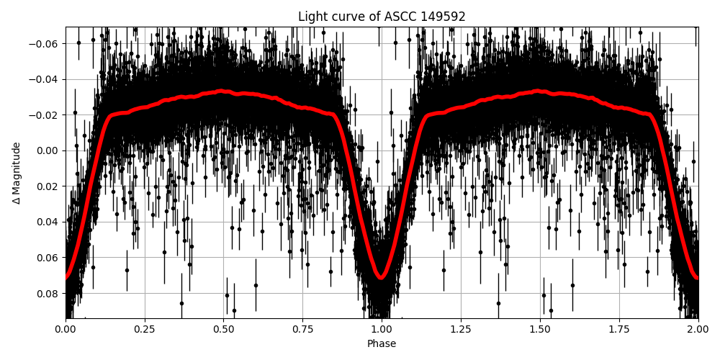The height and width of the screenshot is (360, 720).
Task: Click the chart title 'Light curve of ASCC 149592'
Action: pos(382,17)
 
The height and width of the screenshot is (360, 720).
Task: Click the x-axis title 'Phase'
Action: pos(382,344)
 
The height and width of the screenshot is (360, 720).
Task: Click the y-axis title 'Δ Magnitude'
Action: pos(17,173)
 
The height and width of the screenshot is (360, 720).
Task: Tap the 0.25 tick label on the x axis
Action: pos(145,330)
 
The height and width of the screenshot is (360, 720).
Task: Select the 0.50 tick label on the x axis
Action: pos(224,330)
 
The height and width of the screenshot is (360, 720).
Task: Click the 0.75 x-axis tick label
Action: pos(302,330)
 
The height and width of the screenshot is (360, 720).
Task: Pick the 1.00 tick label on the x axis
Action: pos(382,330)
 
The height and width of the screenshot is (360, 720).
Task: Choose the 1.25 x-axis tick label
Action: pos(461,330)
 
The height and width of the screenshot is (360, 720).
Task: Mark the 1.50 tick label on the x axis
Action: pos(540,330)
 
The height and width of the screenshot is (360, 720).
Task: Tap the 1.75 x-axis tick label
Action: pos(619,330)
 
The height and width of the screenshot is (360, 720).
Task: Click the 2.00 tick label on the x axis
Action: pos(698,330)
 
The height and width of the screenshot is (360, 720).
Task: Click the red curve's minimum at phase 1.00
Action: pos(382,277)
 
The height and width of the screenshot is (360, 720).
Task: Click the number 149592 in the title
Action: pos(438,17)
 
